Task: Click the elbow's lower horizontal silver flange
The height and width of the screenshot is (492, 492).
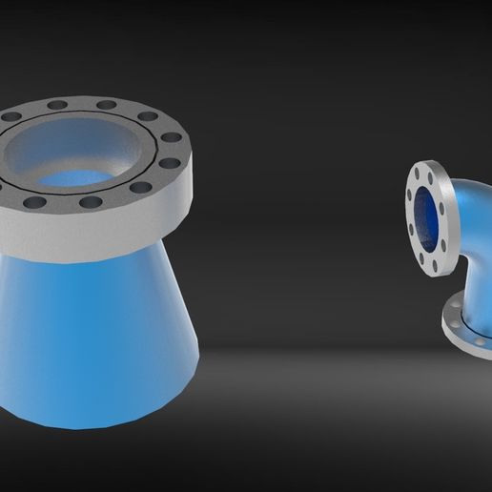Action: (x=467, y=329)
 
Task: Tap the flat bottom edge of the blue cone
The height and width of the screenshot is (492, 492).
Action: (x=95, y=423)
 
